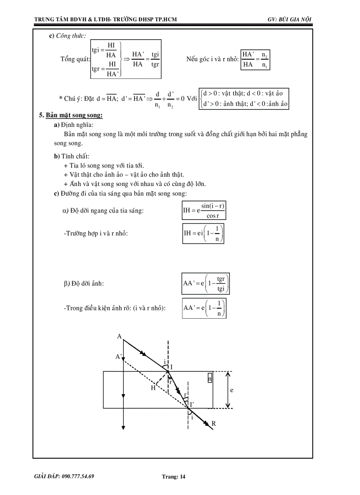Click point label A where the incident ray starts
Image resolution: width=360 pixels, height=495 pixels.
coord(119,336)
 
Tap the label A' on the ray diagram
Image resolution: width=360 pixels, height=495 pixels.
coord(119,357)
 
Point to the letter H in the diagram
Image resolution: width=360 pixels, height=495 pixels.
coord(153,387)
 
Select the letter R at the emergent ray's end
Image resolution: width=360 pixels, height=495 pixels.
coord(214,424)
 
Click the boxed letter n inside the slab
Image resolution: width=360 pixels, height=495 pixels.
coord(210,378)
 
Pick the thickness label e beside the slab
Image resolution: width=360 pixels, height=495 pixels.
coord(232,390)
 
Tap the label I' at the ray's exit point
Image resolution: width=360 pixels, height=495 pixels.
coord(192,403)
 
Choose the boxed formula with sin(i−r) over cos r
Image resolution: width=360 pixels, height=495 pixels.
coord(204,211)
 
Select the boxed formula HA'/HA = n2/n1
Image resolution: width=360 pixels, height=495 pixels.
coord(255,60)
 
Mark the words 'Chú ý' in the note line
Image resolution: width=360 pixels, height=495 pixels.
coord(71,98)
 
